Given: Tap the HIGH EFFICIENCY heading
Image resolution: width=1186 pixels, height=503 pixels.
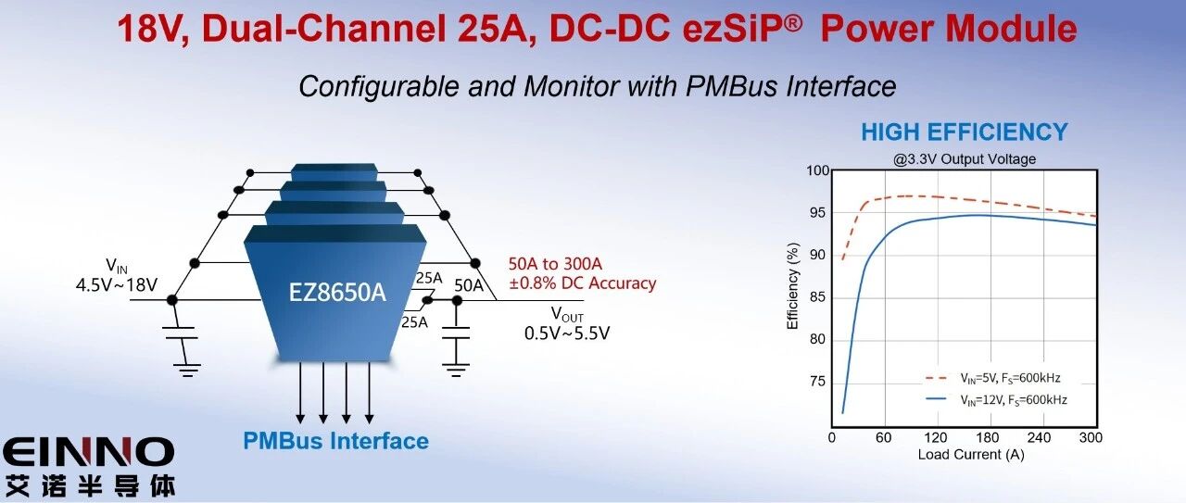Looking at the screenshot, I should click(964, 132).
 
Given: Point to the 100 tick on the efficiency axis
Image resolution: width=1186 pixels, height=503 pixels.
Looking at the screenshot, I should click(816, 171).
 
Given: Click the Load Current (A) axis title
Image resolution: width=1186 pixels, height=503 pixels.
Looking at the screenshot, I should click(971, 455).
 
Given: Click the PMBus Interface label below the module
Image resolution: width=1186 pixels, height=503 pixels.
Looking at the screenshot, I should click(335, 441).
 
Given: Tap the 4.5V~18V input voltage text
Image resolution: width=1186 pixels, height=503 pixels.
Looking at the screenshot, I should click(117, 284).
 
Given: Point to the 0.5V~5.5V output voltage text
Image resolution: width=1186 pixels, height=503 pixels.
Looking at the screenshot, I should click(566, 333).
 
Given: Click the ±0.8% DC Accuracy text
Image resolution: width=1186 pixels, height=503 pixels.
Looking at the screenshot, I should click(582, 283).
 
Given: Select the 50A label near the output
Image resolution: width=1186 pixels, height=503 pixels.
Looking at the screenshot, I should click(469, 284).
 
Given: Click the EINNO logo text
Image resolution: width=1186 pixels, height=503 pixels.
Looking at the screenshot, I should click(88, 453).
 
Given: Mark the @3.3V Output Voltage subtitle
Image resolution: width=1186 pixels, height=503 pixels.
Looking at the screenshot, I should click(965, 159).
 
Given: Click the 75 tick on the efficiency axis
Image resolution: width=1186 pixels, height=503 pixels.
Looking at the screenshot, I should click(818, 381).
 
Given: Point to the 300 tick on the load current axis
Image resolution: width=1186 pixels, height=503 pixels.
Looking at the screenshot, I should click(1091, 438).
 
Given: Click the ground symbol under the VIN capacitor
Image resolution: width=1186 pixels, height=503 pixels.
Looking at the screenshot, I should click(188, 370).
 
